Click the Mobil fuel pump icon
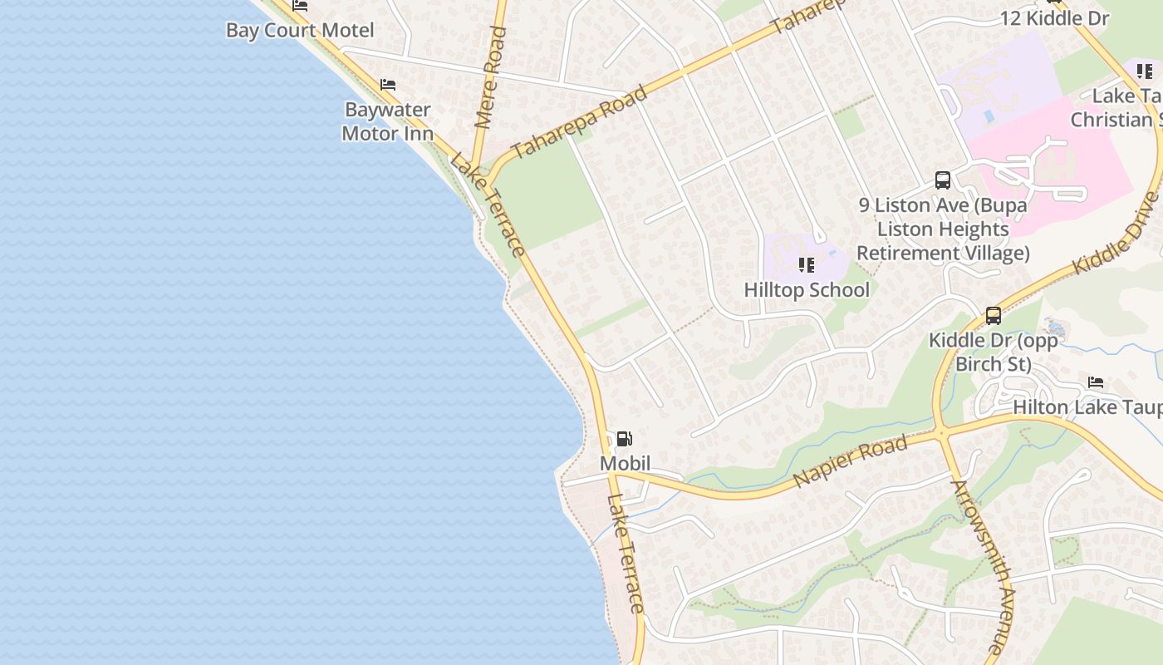[624, 439]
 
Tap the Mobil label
[625, 463]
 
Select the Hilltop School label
[807, 289]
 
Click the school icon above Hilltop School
[806, 265]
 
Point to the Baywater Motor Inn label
[387, 121]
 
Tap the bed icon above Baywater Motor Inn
[387, 85]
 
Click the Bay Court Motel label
[300, 31]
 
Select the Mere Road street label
[491, 77]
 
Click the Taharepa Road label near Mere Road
[579, 122]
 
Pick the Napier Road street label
[850, 462]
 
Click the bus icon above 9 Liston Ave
[943, 180]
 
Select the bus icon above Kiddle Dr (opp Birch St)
[994, 316]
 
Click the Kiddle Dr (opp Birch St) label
[994, 352]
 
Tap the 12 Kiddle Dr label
[1054, 18]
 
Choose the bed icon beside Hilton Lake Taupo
[1096, 382]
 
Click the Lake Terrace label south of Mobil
[626, 553]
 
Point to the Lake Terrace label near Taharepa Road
[488, 204]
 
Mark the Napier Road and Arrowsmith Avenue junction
[941, 432]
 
